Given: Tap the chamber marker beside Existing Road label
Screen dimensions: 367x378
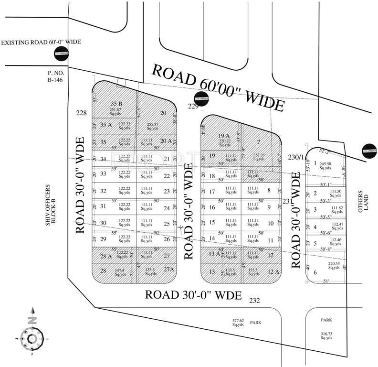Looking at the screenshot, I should pos(62,54).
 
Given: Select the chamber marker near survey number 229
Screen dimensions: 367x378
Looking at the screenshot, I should pos(202,97).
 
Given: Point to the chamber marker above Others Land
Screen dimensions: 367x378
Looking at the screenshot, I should pos(369,151).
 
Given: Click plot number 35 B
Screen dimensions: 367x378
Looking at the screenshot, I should pos(116,104).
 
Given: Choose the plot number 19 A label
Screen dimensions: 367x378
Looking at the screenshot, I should pos(224,136).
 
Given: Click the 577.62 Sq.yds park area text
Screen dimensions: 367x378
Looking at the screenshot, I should pos(238,323).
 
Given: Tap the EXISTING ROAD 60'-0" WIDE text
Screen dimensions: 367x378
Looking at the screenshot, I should pos(41,43).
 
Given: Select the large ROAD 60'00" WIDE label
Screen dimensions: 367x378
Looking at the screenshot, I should pos(218,87).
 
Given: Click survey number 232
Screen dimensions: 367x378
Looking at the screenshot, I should pos(254,300).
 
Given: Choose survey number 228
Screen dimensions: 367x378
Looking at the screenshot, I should pos(82,112).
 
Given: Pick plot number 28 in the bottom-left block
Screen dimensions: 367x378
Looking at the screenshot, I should pos(103,271).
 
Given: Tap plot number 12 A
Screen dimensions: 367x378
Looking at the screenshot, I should pos(273,271).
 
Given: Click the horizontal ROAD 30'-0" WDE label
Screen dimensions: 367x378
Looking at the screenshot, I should pos(194,294).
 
